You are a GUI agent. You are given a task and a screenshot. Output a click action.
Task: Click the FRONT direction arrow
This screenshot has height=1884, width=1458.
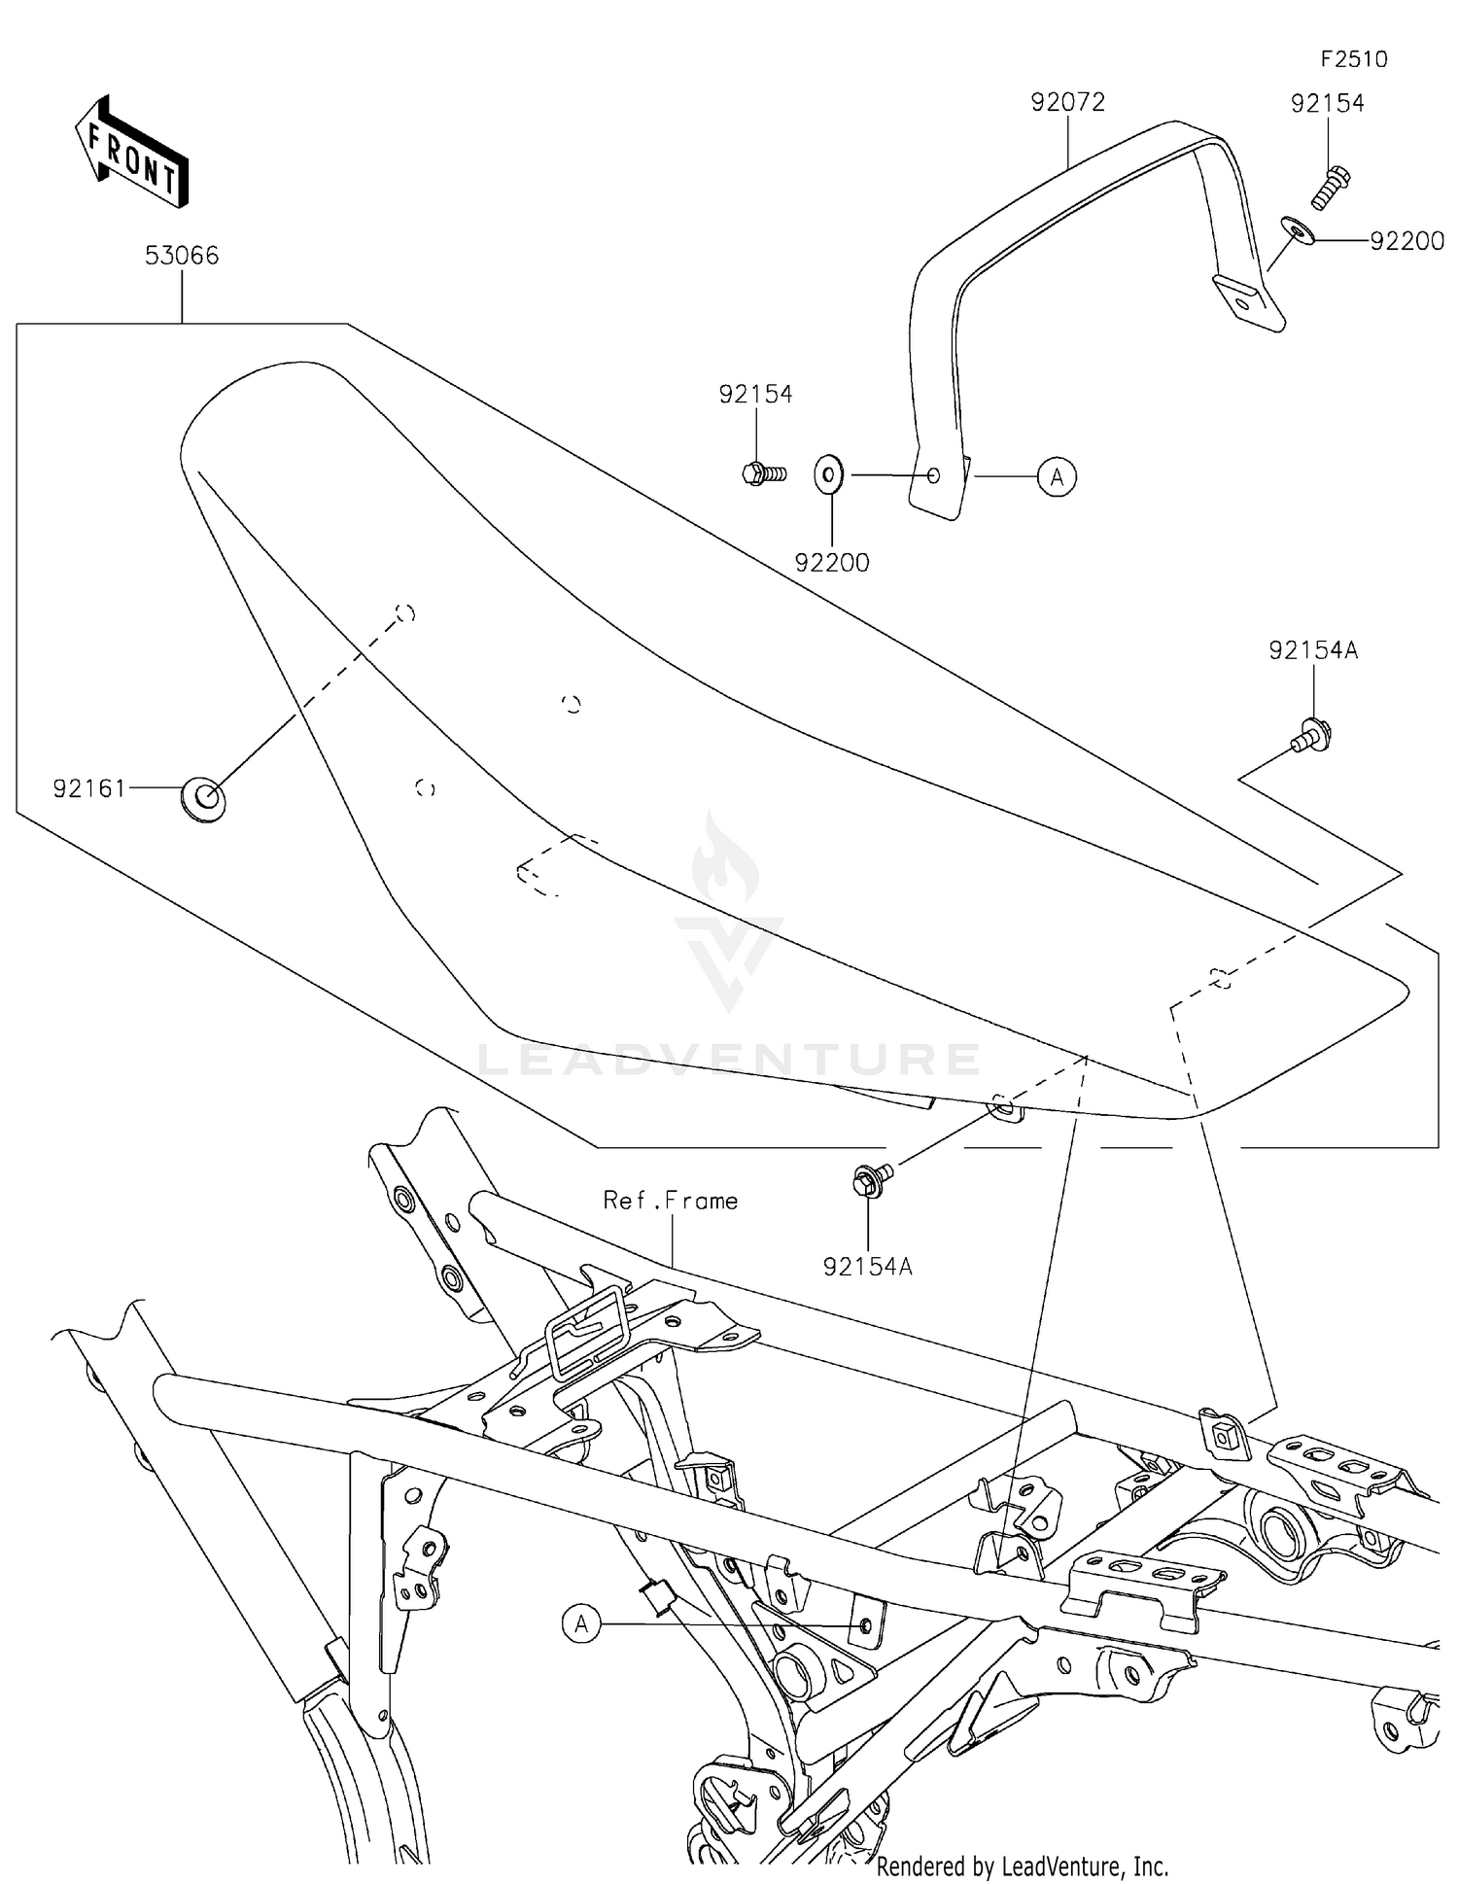tap(132, 153)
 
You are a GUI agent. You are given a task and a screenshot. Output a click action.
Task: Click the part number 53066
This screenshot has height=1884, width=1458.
tap(182, 256)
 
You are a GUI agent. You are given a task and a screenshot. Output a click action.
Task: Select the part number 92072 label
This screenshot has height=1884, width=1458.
tap(1068, 102)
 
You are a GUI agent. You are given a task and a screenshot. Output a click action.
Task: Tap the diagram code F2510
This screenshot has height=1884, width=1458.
tap(1354, 59)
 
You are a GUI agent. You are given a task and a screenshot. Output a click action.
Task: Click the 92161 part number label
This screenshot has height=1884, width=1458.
tap(89, 788)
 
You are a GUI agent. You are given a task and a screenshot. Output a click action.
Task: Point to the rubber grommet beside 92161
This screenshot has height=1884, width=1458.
tap(202, 800)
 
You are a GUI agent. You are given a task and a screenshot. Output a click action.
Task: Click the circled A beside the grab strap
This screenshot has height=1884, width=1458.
tap(1057, 476)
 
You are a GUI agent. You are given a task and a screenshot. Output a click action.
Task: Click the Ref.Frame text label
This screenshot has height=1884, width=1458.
tap(671, 1201)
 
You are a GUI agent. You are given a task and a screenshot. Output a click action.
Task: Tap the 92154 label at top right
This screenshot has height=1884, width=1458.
tap(1327, 103)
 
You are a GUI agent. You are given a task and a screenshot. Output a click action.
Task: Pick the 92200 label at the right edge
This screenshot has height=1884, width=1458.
tap(1406, 241)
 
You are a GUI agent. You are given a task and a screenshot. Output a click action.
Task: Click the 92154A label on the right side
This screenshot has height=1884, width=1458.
tap(1312, 650)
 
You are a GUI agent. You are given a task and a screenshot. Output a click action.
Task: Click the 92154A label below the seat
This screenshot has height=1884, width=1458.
tap(867, 1267)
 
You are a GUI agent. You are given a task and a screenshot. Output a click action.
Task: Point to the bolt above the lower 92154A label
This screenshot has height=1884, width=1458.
tap(869, 1180)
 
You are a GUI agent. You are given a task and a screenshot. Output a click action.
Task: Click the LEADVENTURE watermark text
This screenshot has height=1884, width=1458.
tap(729, 1058)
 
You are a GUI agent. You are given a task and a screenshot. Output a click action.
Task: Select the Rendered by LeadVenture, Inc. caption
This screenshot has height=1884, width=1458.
tap(1022, 1866)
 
